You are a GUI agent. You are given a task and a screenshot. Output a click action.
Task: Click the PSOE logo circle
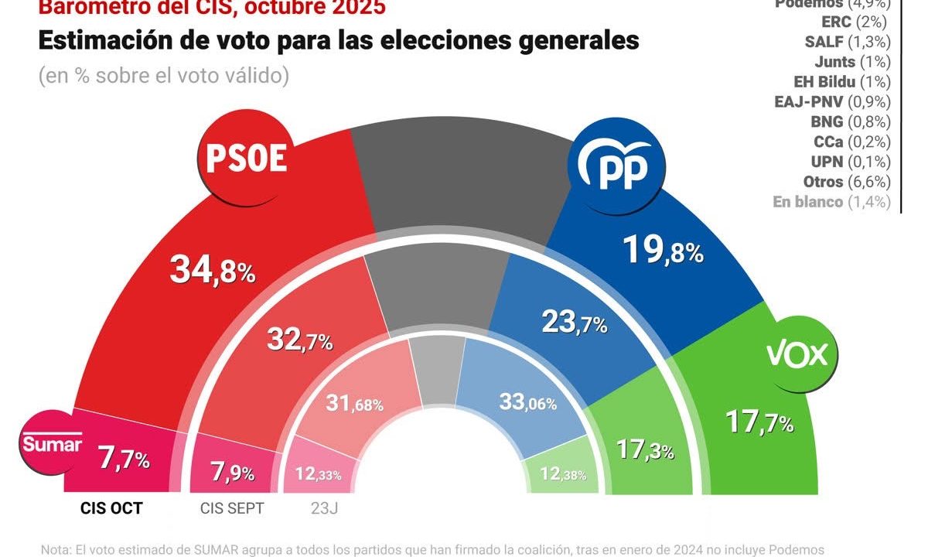tap(247, 159)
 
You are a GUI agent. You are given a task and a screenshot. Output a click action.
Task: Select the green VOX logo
tap(797, 354)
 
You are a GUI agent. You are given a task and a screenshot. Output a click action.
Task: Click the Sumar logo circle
tap(52, 444)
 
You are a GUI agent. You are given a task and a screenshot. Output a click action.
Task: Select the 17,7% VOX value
tap(759, 422)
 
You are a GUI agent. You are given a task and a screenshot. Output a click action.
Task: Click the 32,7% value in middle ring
tap(300, 338)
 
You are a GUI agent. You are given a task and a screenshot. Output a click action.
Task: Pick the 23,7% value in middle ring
tap(574, 322)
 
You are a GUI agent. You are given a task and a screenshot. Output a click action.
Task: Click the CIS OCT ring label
tap(111, 508)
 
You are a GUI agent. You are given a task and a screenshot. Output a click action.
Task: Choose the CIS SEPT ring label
tap(232, 508)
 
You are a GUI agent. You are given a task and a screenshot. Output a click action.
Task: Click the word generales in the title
tap(572, 40)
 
